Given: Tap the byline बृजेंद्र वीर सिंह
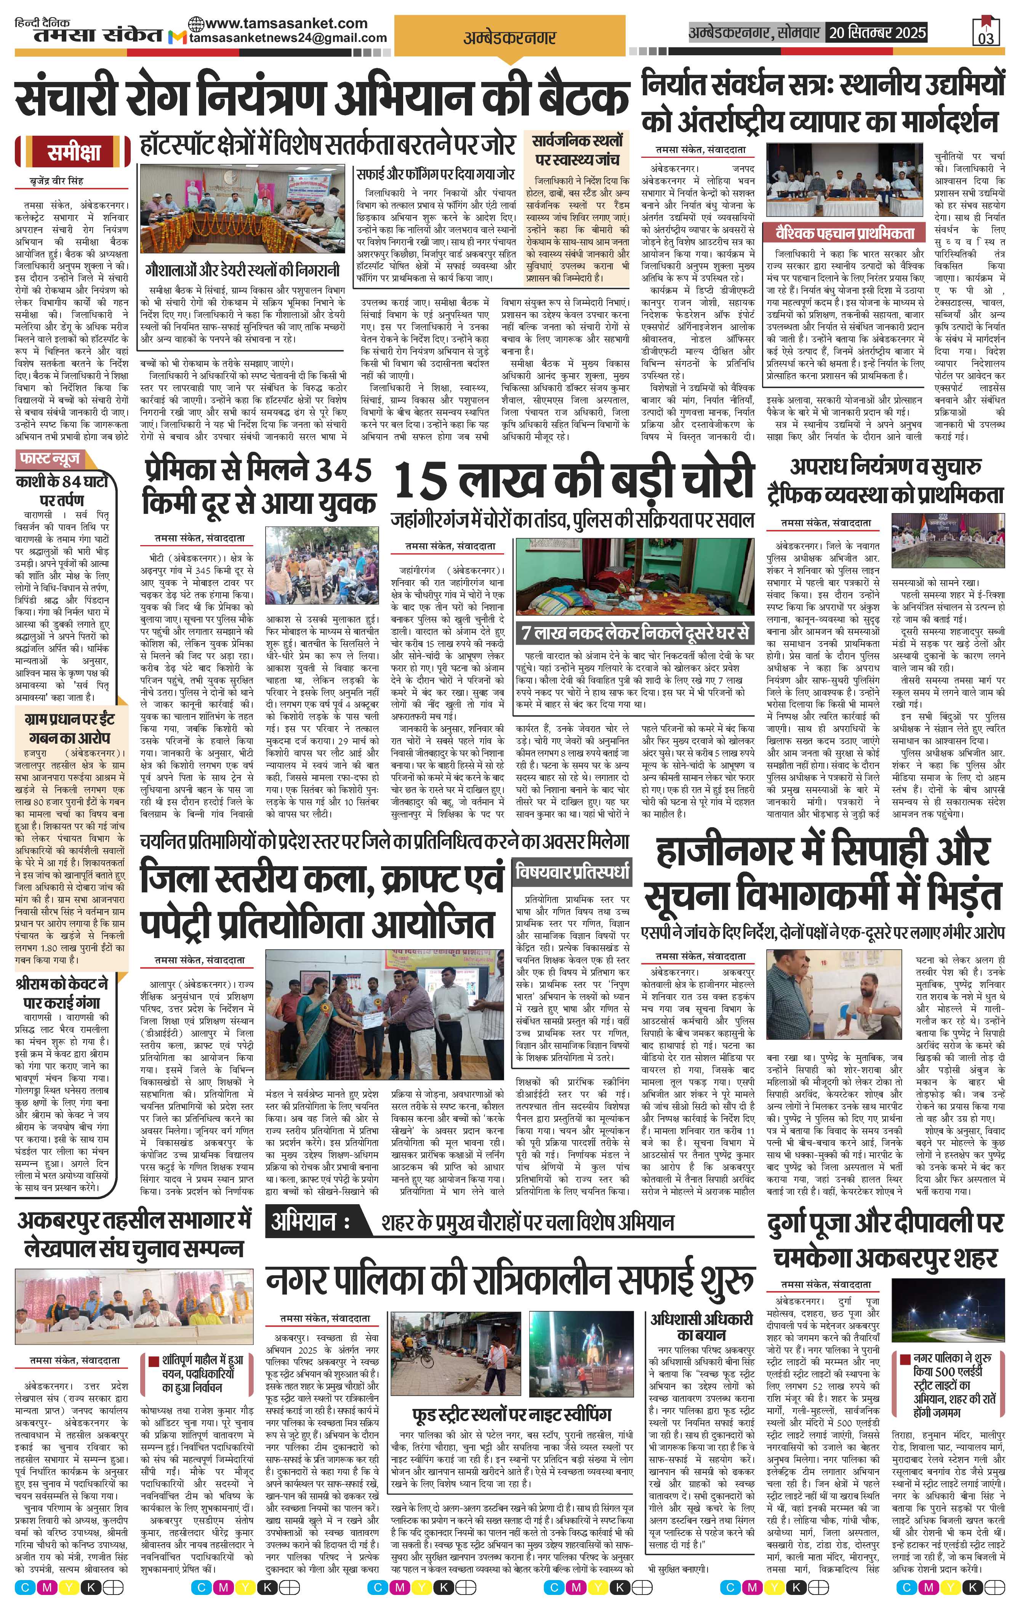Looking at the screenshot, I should coord(57,181).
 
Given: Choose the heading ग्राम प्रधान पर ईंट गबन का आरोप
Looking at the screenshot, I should coord(70,728).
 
